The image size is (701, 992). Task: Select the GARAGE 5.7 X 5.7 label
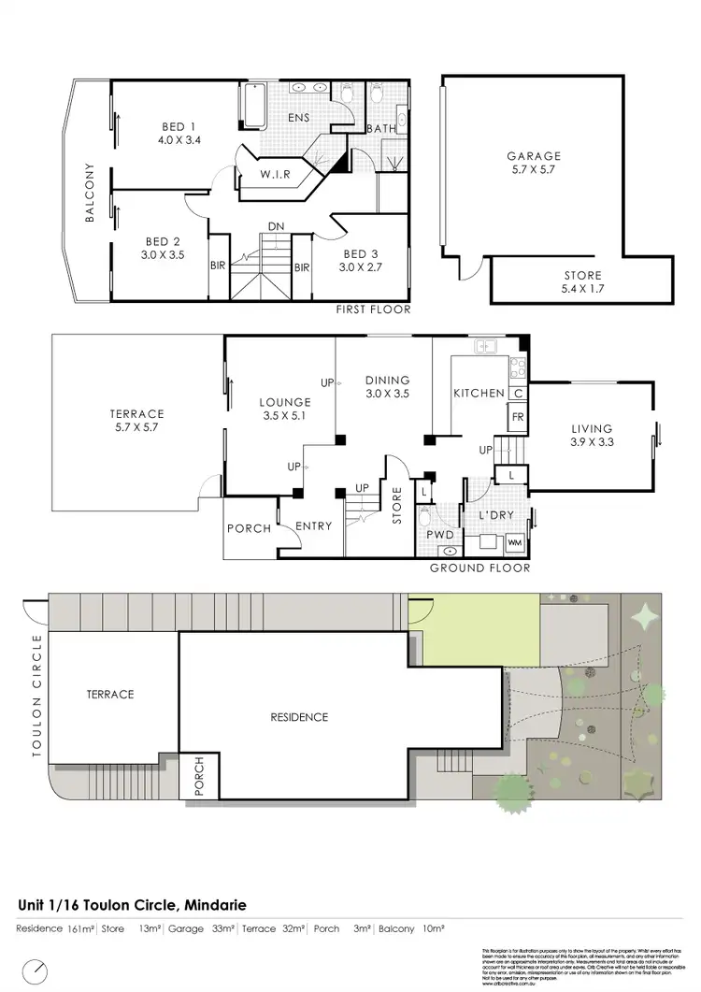pyautogui.click(x=534, y=156)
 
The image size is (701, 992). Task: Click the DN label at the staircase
pyautogui.click(x=276, y=226)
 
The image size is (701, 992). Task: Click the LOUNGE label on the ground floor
pyautogui.click(x=284, y=403)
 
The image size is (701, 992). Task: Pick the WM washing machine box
pyautogui.click(x=514, y=542)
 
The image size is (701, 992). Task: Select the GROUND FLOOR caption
pyautogui.click(x=479, y=568)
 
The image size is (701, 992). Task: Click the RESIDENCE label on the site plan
pyautogui.click(x=300, y=717)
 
